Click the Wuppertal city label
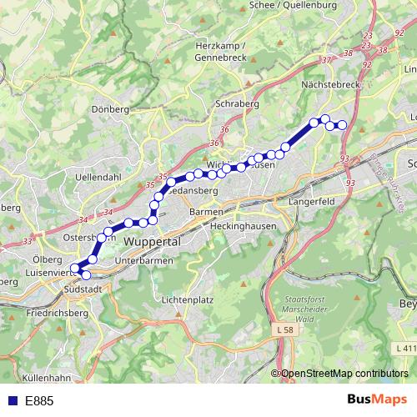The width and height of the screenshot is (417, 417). click(x=152, y=241)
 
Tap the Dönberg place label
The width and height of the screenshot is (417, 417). click(x=111, y=109)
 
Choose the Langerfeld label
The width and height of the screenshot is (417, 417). click(x=309, y=202)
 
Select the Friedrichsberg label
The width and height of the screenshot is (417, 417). click(x=56, y=313)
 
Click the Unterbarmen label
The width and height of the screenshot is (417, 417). click(x=143, y=261)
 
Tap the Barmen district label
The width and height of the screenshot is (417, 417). click(x=206, y=212)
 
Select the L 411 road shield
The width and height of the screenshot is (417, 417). click(x=406, y=348)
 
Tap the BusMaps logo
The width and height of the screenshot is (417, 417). click(x=377, y=399)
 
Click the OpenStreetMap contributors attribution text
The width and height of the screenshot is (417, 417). click(x=344, y=374)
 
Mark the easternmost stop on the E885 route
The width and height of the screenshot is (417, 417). click(x=342, y=126)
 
